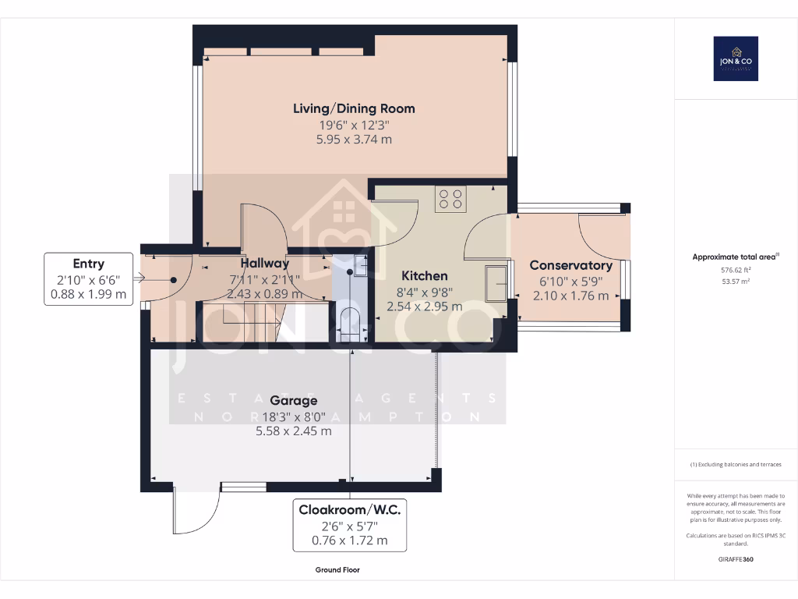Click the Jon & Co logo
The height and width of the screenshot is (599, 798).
(x=736, y=58)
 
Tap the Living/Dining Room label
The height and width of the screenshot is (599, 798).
(x=354, y=108)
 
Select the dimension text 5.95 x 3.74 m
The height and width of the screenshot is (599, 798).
(x=354, y=140)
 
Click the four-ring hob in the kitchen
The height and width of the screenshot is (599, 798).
(x=450, y=199)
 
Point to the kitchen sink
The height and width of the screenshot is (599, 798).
(x=495, y=282)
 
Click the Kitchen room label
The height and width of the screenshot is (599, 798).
(x=424, y=276)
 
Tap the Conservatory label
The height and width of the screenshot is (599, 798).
(x=570, y=265)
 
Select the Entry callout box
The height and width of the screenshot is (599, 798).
(x=89, y=279)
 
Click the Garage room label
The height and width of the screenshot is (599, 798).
(x=294, y=401)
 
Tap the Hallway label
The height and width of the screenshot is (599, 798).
(x=265, y=264)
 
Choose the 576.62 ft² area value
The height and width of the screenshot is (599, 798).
(x=736, y=270)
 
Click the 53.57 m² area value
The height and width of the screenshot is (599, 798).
(x=736, y=282)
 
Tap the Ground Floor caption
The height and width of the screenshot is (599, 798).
(x=337, y=570)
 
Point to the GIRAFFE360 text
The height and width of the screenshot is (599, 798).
(x=736, y=559)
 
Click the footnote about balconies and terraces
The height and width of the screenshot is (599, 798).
(x=736, y=465)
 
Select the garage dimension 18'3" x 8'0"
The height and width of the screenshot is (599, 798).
(x=294, y=416)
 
